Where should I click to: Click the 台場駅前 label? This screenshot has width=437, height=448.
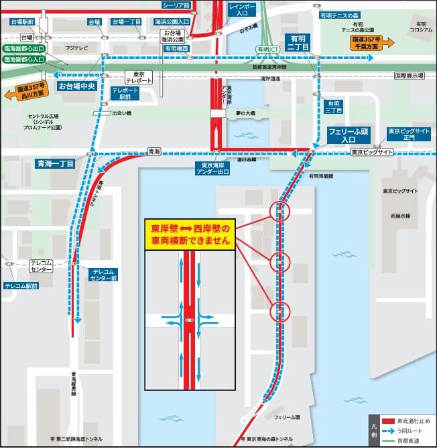23,22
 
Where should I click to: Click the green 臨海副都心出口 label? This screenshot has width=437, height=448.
24,49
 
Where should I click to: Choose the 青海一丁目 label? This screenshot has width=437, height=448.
56,163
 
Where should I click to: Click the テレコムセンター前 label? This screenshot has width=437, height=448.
104,273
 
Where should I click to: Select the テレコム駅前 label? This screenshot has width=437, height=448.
21,285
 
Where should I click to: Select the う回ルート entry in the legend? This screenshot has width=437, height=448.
406,431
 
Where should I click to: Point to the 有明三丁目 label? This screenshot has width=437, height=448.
332,106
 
